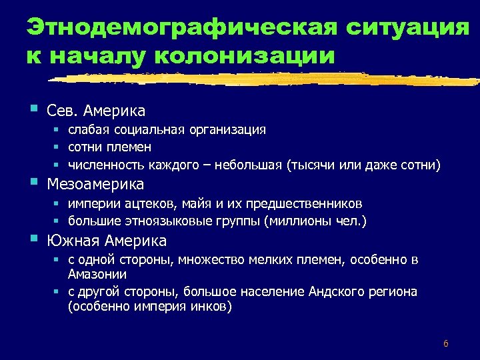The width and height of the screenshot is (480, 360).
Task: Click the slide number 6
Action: click(445, 344)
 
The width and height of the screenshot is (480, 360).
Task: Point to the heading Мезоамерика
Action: click(95, 183)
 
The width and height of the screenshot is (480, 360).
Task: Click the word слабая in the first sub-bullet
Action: click(88, 129)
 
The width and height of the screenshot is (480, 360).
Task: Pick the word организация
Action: click(230, 129)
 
